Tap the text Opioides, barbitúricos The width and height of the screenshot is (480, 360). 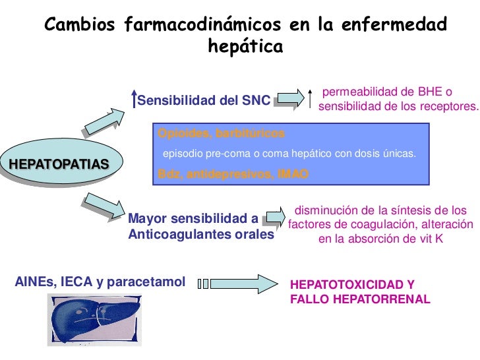coord(222,133)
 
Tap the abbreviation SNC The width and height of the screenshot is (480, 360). coord(256,101)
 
